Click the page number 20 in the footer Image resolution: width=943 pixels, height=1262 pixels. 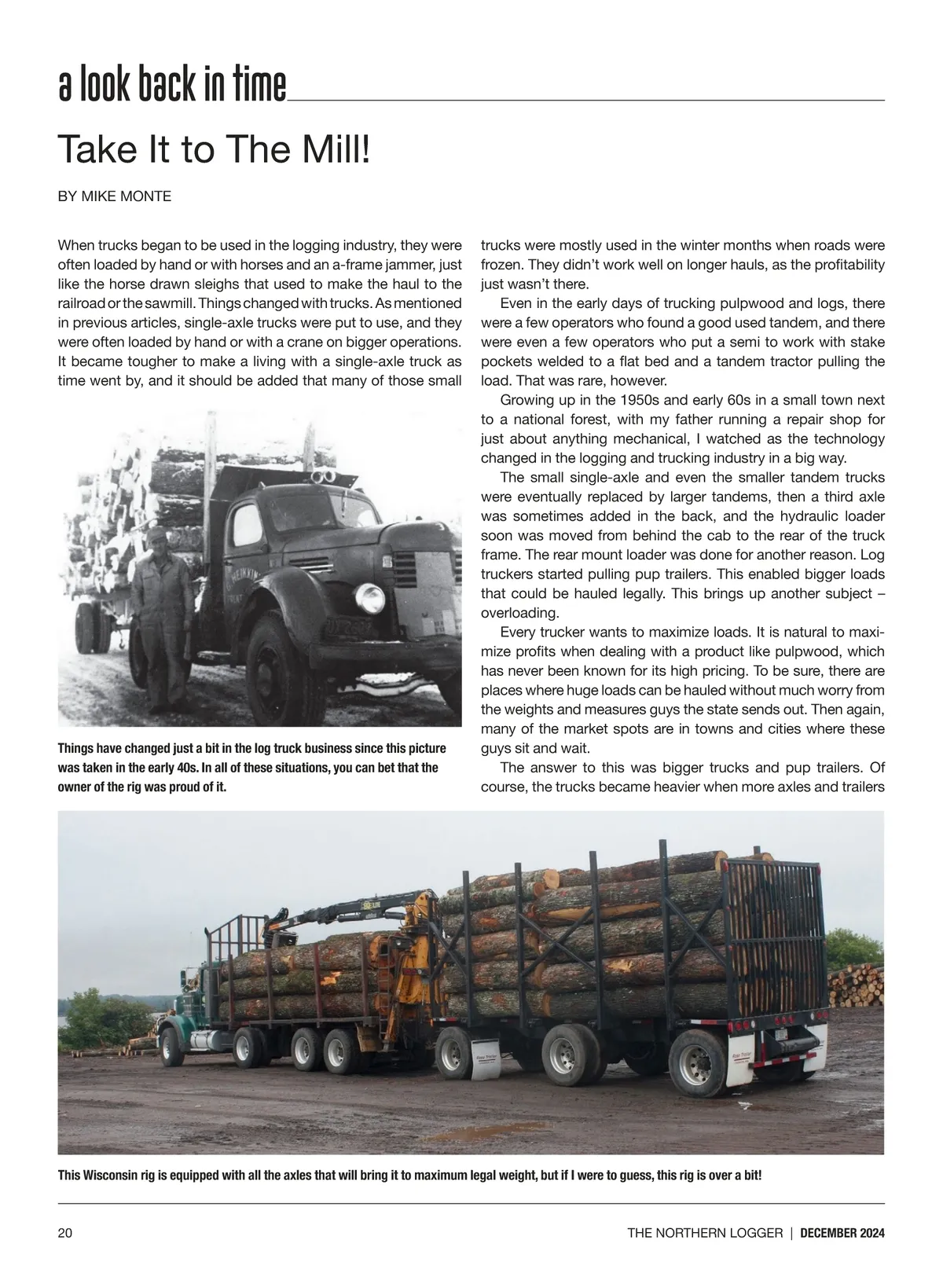(x=65, y=1233)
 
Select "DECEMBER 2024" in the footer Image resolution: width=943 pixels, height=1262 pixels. (x=842, y=1233)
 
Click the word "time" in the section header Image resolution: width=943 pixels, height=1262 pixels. (x=259, y=87)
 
